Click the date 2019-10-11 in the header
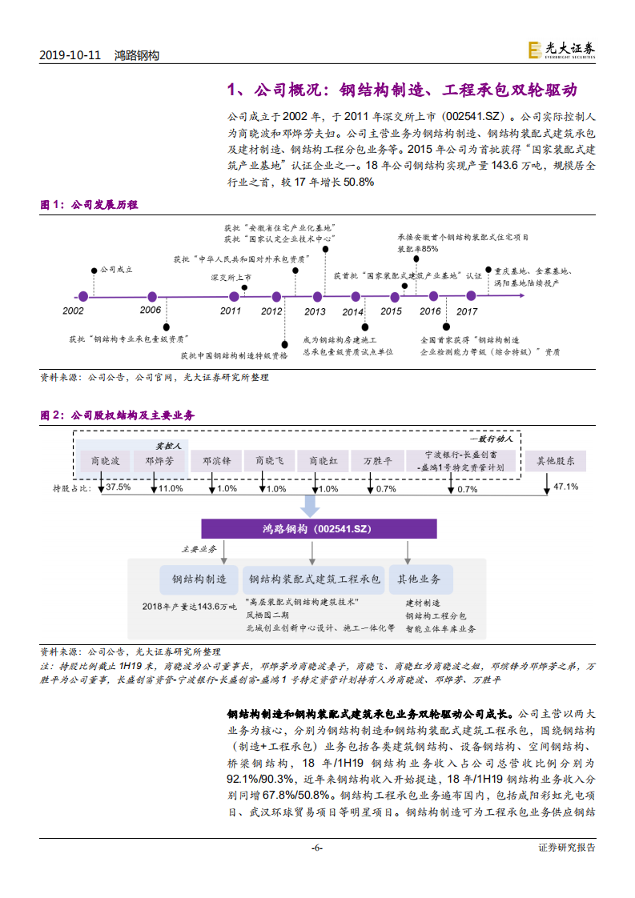click(70, 55)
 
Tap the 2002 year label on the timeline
click(73, 311)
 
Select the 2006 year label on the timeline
click(150, 310)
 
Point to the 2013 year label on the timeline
click(315, 311)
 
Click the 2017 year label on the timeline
click(467, 311)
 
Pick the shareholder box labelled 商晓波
click(105, 461)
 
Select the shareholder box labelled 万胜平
click(378, 461)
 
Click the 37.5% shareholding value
click(118, 487)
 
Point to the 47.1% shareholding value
click(566, 487)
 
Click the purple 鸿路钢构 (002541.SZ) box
click(319, 529)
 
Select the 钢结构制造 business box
click(194, 579)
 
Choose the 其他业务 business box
click(420, 579)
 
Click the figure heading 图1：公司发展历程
click(89, 205)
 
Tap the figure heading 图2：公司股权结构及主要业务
click(118, 415)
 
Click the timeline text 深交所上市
click(231, 277)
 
